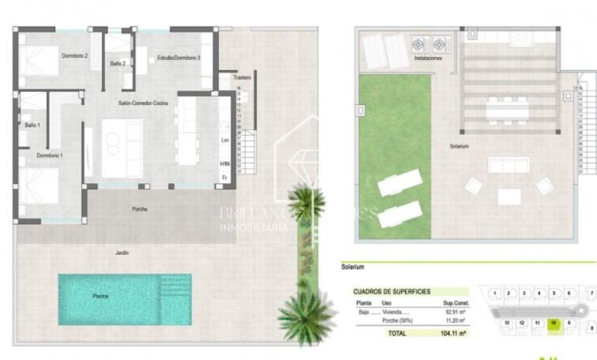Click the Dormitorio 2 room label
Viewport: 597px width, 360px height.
(x=75, y=56)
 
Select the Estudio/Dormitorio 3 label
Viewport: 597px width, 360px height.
(x=178, y=58)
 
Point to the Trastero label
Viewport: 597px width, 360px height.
(x=242, y=77)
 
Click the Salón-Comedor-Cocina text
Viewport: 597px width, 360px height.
(x=143, y=103)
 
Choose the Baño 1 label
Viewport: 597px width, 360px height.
(x=32, y=125)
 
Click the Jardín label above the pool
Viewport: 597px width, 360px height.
(x=122, y=252)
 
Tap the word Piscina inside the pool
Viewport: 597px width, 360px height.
(x=100, y=296)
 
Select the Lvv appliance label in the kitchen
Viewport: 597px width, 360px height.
(x=225, y=140)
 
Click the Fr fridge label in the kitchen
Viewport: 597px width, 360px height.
(x=225, y=177)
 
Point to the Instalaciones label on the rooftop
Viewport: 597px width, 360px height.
(x=427, y=58)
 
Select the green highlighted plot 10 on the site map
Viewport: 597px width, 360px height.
(x=554, y=323)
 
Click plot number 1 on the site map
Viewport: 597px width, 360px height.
(x=494, y=293)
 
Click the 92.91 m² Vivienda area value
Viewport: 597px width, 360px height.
(x=453, y=312)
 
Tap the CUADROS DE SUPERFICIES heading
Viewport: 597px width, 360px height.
(x=392, y=291)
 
